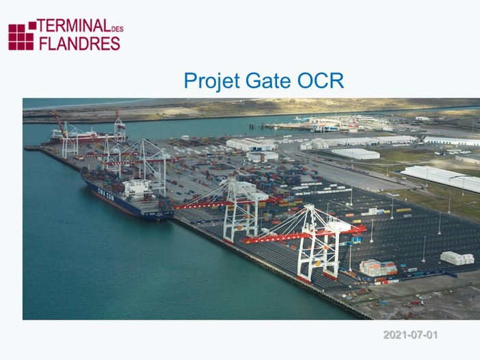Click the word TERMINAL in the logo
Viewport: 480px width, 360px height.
[72, 27]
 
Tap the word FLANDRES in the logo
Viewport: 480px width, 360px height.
[79, 43]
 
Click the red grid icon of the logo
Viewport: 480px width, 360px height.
[21, 36]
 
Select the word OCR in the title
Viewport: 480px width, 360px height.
[321, 81]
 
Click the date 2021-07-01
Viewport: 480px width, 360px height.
[410, 335]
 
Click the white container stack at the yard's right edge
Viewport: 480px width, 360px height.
[457, 258]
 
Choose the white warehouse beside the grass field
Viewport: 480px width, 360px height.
[355, 154]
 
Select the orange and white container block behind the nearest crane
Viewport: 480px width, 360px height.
[378, 268]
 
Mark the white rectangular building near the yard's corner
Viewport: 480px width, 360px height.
[263, 156]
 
